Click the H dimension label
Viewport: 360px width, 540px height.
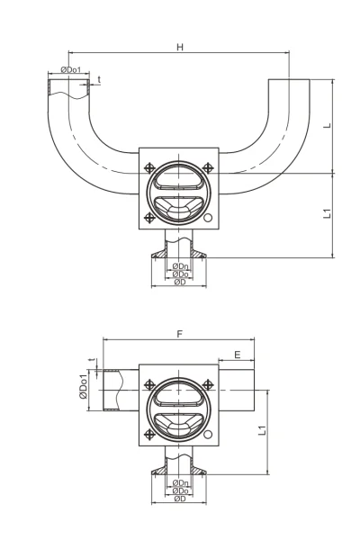(180, 47)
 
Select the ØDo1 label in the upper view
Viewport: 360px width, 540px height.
(70, 69)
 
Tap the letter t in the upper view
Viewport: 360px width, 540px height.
(99, 79)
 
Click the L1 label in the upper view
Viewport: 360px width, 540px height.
(328, 213)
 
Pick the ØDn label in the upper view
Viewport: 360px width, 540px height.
(180, 265)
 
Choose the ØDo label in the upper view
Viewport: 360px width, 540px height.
(181, 274)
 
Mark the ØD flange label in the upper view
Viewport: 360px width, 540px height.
(180, 282)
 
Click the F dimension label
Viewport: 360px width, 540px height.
(179, 334)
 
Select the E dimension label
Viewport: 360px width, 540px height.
(238, 355)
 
